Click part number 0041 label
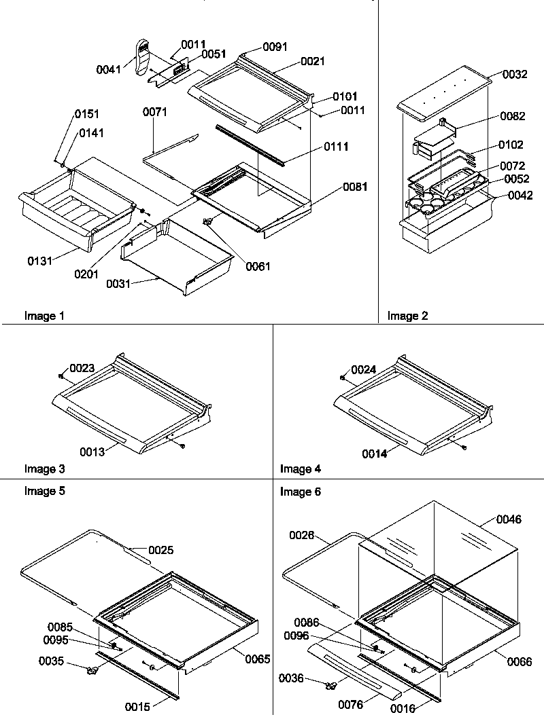[109, 69]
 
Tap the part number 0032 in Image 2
[515, 75]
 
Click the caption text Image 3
[45, 468]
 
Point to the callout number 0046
[509, 520]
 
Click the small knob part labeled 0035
[92, 672]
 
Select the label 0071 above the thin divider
[155, 111]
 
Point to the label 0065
[258, 659]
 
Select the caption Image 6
[301, 492]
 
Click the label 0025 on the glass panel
[160, 550]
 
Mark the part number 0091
[276, 48]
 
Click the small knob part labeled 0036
[330, 686]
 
